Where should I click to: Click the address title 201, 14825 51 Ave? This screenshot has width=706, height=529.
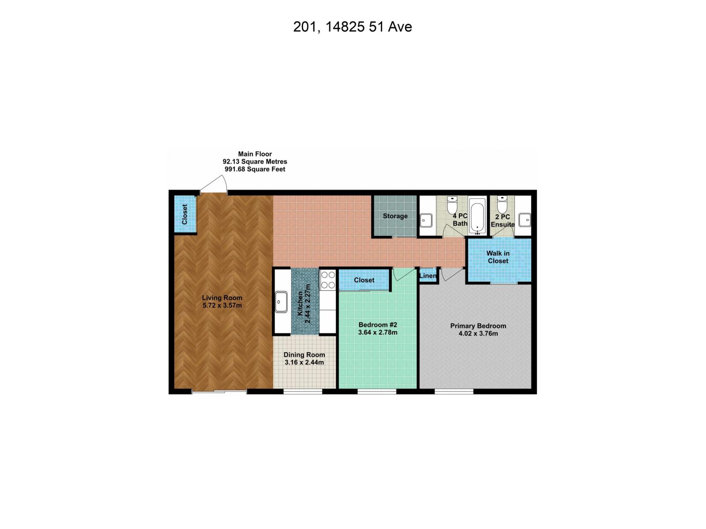pos(353,27)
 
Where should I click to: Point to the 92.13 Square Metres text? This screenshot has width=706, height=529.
pos(255,162)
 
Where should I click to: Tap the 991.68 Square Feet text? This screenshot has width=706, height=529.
pos(255,169)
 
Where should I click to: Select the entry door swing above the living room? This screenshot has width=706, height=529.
pos(216,185)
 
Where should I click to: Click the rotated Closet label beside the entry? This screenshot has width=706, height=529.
pos(185,214)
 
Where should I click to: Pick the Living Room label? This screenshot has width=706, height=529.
pos(222,302)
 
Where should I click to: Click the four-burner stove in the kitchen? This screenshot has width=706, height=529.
pos(328,279)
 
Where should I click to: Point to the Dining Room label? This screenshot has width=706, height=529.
pos(304,358)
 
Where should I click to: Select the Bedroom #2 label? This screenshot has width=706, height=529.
pos(378,328)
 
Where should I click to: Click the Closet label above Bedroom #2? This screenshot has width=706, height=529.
pos(364,280)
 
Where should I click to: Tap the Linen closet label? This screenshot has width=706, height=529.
pos(428,276)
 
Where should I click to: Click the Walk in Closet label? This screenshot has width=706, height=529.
pos(498,257)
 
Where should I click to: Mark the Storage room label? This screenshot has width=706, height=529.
pos(395,216)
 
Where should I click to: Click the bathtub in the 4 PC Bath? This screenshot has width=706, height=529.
pos(477,216)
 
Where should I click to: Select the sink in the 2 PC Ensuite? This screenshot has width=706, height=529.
pos(525,219)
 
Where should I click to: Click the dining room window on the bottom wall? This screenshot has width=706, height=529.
pos(303,391)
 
